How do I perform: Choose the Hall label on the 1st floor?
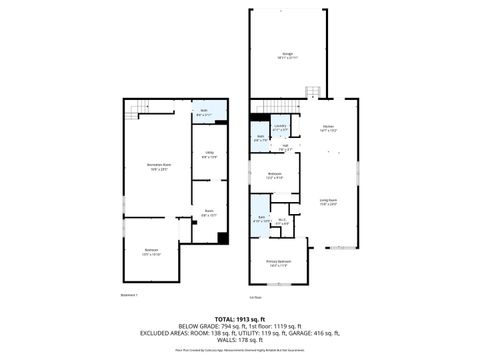tap(285, 148)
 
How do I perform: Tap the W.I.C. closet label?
tap(283, 222)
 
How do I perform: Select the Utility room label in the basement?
tap(209, 155)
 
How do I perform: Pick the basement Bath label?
tap(204, 112)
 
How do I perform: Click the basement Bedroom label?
tap(151, 252)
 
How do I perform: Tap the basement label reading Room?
tap(209, 212)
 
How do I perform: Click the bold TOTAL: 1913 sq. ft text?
tap(239, 318)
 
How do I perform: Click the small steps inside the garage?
tap(313, 92)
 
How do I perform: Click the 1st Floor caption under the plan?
tap(256, 296)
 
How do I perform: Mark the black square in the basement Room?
tap(222, 238)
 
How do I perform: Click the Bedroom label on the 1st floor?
tap(275, 176)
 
